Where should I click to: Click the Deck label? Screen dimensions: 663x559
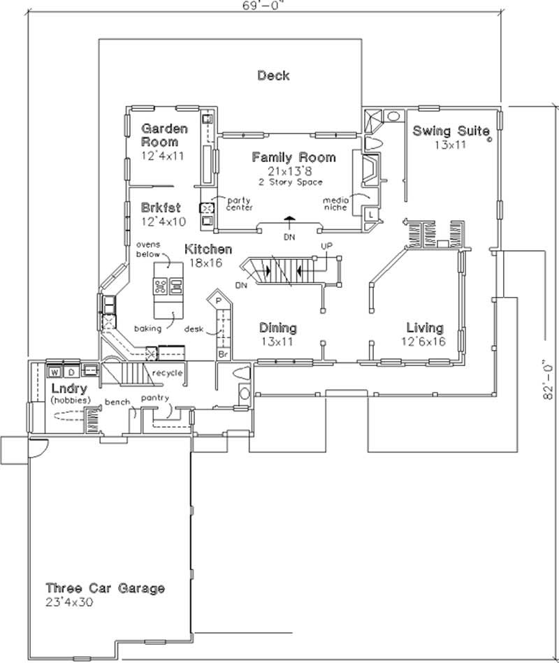click(273, 75)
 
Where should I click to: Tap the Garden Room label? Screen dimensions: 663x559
click(164, 135)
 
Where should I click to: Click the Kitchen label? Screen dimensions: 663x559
click(208, 249)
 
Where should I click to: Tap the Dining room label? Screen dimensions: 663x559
click(277, 328)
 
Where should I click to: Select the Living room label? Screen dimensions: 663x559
click(425, 328)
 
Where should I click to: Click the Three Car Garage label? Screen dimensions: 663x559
click(106, 588)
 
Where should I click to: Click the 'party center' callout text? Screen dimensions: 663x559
click(239, 203)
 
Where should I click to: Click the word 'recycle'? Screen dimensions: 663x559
click(168, 373)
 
